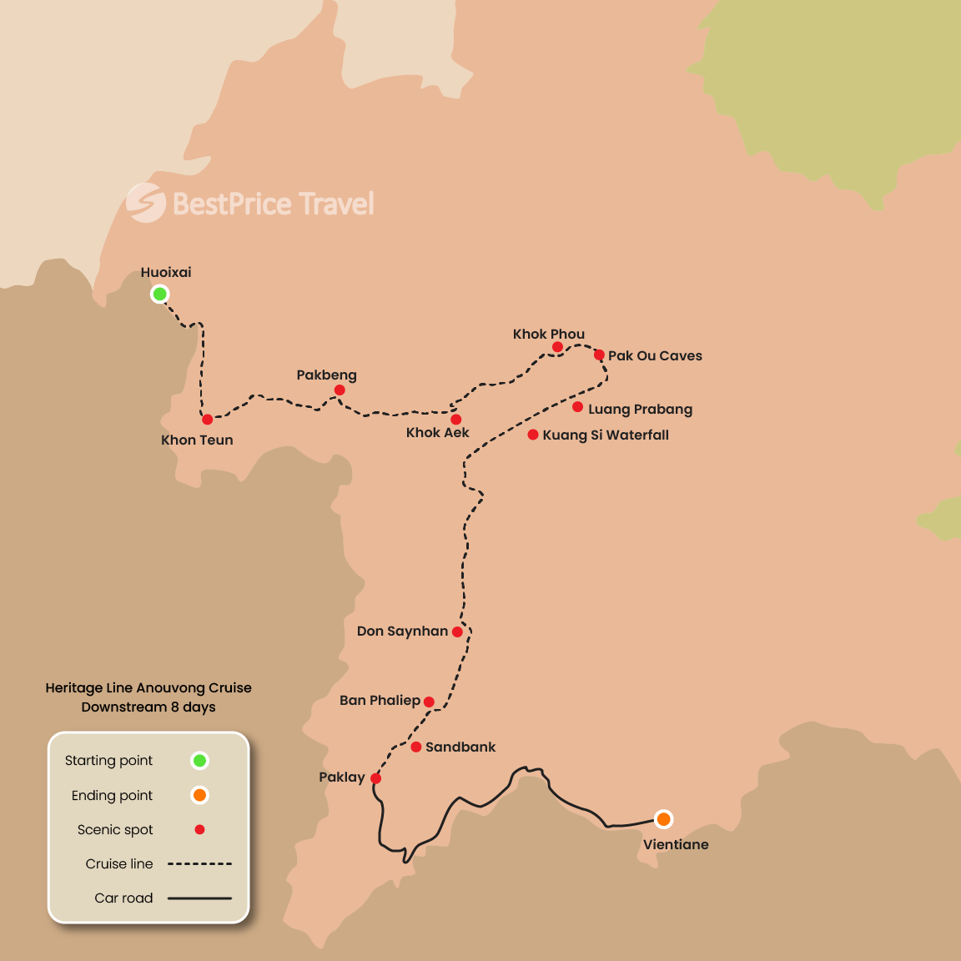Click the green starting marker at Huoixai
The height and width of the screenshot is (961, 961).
159,294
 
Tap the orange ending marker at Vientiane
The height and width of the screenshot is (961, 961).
663,819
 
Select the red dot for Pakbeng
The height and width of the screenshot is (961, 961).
340,390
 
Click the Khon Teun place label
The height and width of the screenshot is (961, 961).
197,440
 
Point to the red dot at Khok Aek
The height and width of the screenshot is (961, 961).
455,420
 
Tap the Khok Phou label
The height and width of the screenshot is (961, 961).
549,334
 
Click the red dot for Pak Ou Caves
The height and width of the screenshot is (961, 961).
599,355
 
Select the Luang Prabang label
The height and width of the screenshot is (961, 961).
640,409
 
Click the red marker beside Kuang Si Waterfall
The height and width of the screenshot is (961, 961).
533,435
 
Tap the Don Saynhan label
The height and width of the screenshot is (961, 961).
402,631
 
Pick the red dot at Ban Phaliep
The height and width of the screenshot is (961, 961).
429,702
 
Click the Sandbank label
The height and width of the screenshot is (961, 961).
460,747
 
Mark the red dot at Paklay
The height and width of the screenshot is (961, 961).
375,778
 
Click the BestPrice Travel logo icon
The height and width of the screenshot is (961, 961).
146,203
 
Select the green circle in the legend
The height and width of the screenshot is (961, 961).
199,760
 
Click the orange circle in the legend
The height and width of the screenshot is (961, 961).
199,795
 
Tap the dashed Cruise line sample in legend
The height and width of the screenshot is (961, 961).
199,864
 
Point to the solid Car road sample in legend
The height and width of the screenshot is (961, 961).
199,898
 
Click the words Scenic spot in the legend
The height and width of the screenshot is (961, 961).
115,829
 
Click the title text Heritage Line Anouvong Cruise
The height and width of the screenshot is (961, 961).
148,687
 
